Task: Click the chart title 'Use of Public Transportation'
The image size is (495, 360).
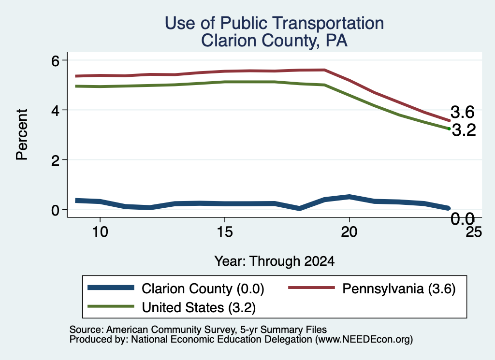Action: coord(275,24)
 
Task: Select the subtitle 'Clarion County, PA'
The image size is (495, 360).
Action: coord(275,41)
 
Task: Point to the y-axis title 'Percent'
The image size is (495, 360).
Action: coord(22,134)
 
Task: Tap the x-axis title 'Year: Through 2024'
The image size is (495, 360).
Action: coord(275,261)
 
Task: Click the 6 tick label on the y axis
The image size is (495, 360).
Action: coord(55,60)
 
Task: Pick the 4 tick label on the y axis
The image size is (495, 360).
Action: coord(55,111)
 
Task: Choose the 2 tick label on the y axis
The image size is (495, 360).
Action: coord(55,160)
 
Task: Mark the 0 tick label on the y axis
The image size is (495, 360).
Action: coord(55,210)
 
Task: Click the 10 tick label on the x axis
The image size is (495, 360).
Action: coord(100,232)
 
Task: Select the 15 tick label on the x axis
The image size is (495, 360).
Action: coord(224,232)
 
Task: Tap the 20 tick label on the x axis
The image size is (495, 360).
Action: coord(349,232)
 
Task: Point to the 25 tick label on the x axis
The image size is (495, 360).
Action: coord(474,232)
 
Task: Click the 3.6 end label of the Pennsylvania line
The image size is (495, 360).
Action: coord(463,112)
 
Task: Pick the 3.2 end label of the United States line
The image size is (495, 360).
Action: coord(464,130)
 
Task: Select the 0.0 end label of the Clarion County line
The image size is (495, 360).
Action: coord(463,219)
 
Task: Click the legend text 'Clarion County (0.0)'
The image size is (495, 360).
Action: coord(203,288)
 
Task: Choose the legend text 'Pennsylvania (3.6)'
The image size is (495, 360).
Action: coord(399,288)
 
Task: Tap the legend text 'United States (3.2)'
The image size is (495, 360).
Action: coord(199,308)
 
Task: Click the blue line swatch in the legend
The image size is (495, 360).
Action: coord(111,288)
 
